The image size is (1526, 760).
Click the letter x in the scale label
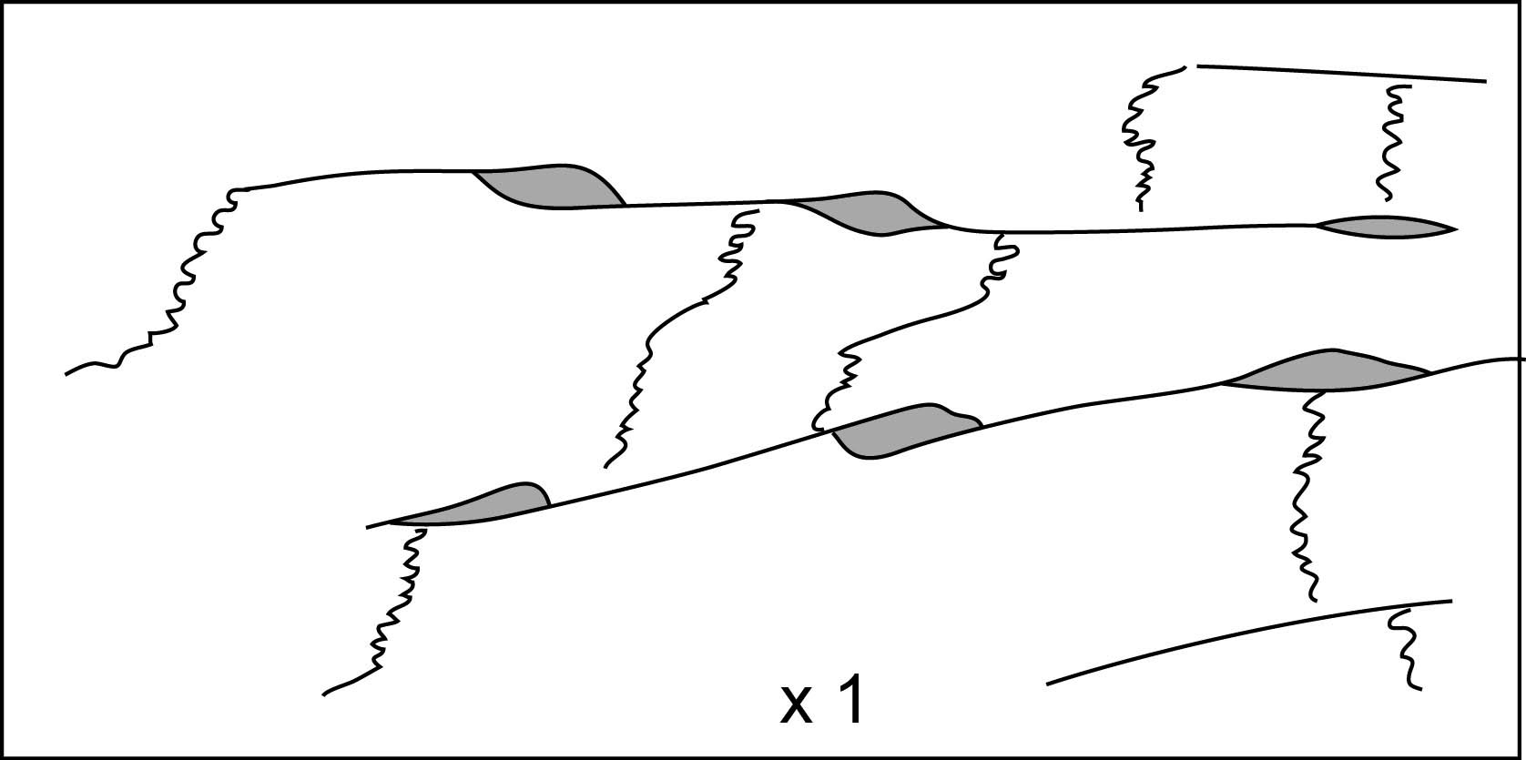(796, 707)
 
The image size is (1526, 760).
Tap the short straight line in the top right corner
(1338, 73)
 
